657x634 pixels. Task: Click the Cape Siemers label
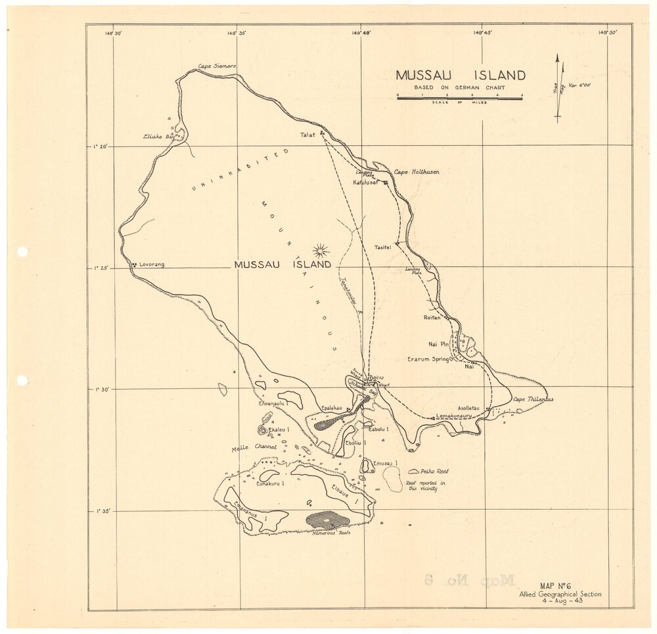coord(217,67)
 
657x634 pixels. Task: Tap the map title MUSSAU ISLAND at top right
coord(460,76)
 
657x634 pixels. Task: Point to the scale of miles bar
coord(459,97)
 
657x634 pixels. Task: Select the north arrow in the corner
coord(558,87)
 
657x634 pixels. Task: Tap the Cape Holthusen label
coord(417,172)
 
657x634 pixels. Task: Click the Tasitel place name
coord(383,247)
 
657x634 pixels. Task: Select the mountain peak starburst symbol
coord(321,249)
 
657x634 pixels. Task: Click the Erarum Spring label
coord(428,359)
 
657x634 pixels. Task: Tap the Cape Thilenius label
coord(533,399)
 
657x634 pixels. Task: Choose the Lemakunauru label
coord(455,417)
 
